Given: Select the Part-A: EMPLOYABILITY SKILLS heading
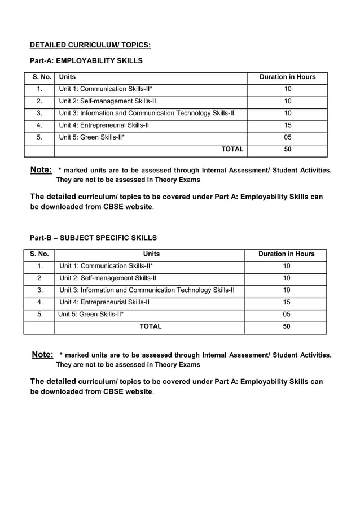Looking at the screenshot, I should pyautogui.click(x=86, y=60).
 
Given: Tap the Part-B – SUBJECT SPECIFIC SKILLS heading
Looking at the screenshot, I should pyautogui.click(x=93, y=238).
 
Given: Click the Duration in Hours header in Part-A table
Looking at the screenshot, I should pyautogui.click(x=287, y=77).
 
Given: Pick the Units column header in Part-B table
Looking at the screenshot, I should pyautogui.click(x=151, y=254).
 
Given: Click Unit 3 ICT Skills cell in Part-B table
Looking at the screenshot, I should pyautogui.click(x=147, y=290).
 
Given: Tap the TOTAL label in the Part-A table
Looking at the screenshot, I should pyautogui.click(x=232, y=149).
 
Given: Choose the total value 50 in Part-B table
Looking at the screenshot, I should pyautogui.click(x=287, y=326).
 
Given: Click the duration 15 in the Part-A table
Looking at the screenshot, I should pyautogui.click(x=288, y=125).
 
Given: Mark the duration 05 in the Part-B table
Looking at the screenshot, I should pyautogui.click(x=287, y=315).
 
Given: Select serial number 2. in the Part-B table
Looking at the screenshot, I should pyautogui.click(x=40, y=278).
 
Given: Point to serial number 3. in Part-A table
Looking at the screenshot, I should pyautogui.click(x=39, y=114).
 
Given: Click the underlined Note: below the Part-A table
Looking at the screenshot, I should pyautogui.click(x=41, y=170).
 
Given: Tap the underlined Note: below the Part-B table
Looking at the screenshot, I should pyautogui.click(x=42, y=355).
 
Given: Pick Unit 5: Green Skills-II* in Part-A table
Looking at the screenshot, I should pyautogui.click(x=92, y=137).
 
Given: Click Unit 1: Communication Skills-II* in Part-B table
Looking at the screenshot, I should pyautogui.click(x=106, y=266).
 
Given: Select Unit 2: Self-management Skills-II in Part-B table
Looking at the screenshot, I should pyautogui.click(x=108, y=278).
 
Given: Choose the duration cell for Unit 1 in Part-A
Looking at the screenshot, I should pyautogui.click(x=288, y=89).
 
